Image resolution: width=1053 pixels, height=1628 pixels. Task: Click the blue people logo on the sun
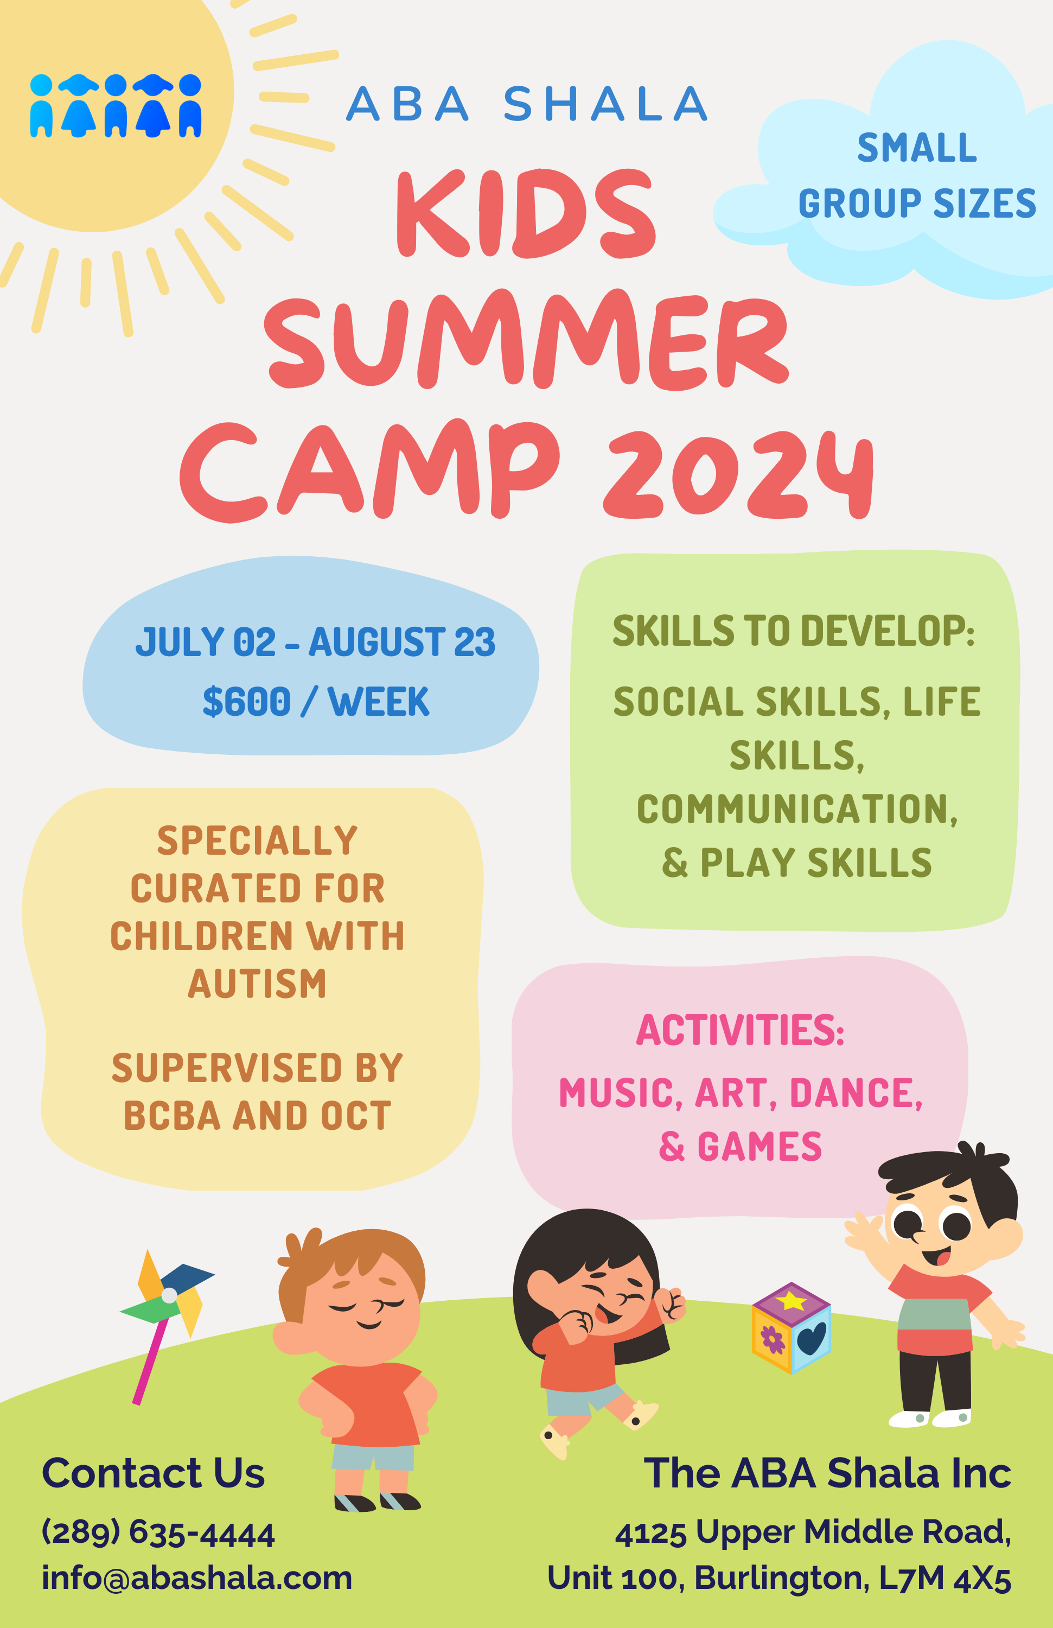tap(116, 105)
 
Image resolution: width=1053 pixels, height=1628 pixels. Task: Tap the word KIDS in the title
tap(525, 213)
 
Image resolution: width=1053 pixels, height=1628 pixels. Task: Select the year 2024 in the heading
tap(738, 474)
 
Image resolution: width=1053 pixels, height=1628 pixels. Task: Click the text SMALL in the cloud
tap(917, 148)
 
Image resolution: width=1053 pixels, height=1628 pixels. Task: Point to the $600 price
tap(247, 702)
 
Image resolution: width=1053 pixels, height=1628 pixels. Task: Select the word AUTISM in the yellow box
tap(257, 984)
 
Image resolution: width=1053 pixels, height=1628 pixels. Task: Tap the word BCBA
tap(173, 1116)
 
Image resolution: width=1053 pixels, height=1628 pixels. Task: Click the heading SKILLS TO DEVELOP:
tap(793, 630)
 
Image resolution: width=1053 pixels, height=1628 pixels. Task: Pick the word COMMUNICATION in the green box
tap(796, 809)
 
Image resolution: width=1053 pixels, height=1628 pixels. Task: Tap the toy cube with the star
tap(791, 1328)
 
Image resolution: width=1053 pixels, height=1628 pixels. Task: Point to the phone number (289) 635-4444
tap(158, 1533)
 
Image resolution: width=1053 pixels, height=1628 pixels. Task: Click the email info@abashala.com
tap(197, 1578)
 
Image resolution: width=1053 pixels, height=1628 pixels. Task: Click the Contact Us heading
tap(153, 1473)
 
